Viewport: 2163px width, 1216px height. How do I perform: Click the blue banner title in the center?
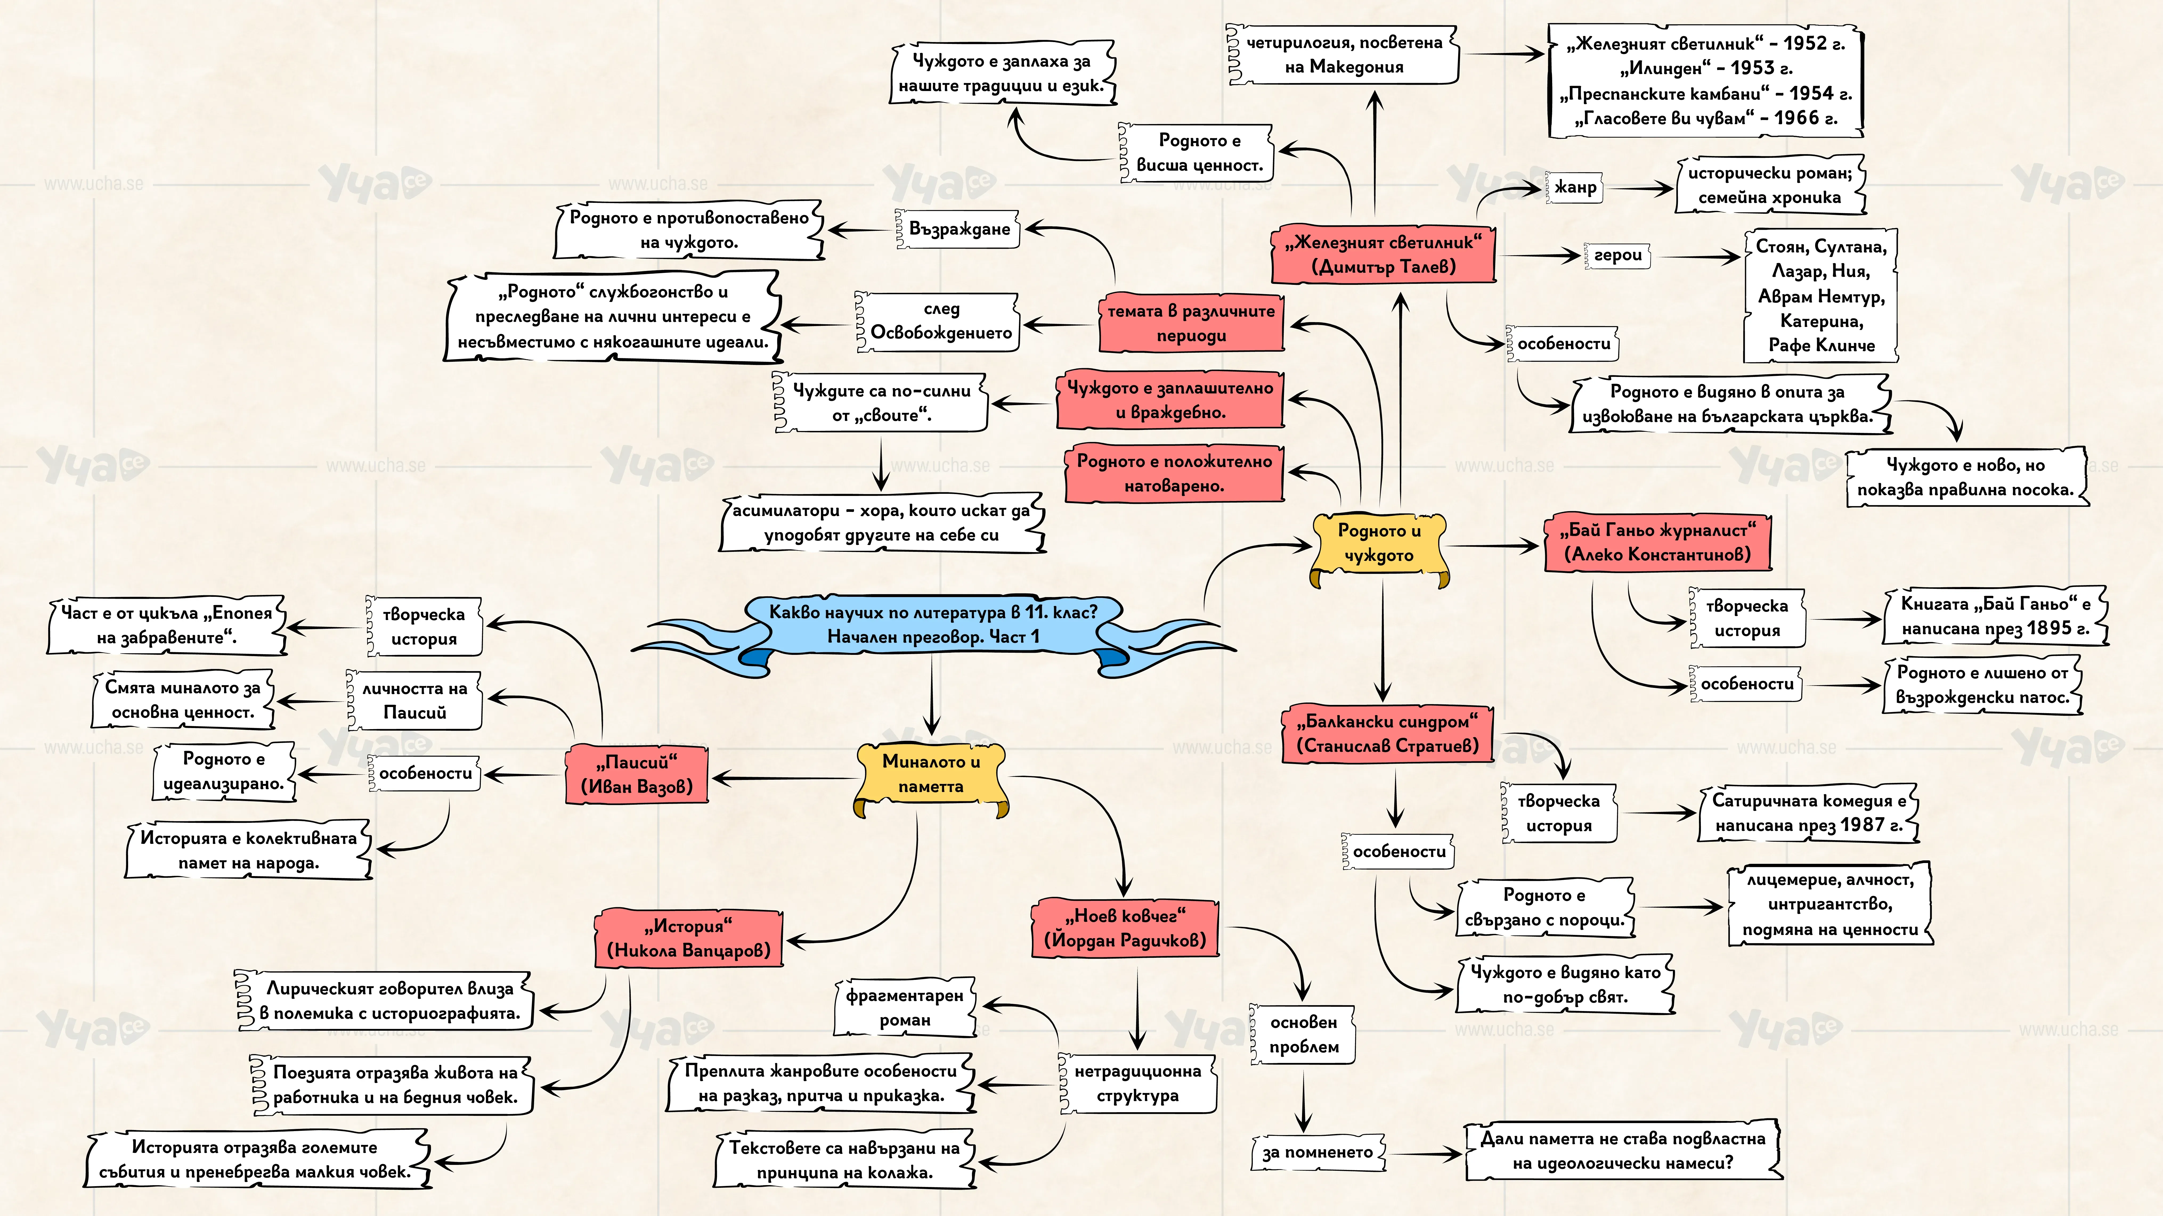(x=933, y=625)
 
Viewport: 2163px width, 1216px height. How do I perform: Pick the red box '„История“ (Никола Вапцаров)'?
(x=689, y=938)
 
